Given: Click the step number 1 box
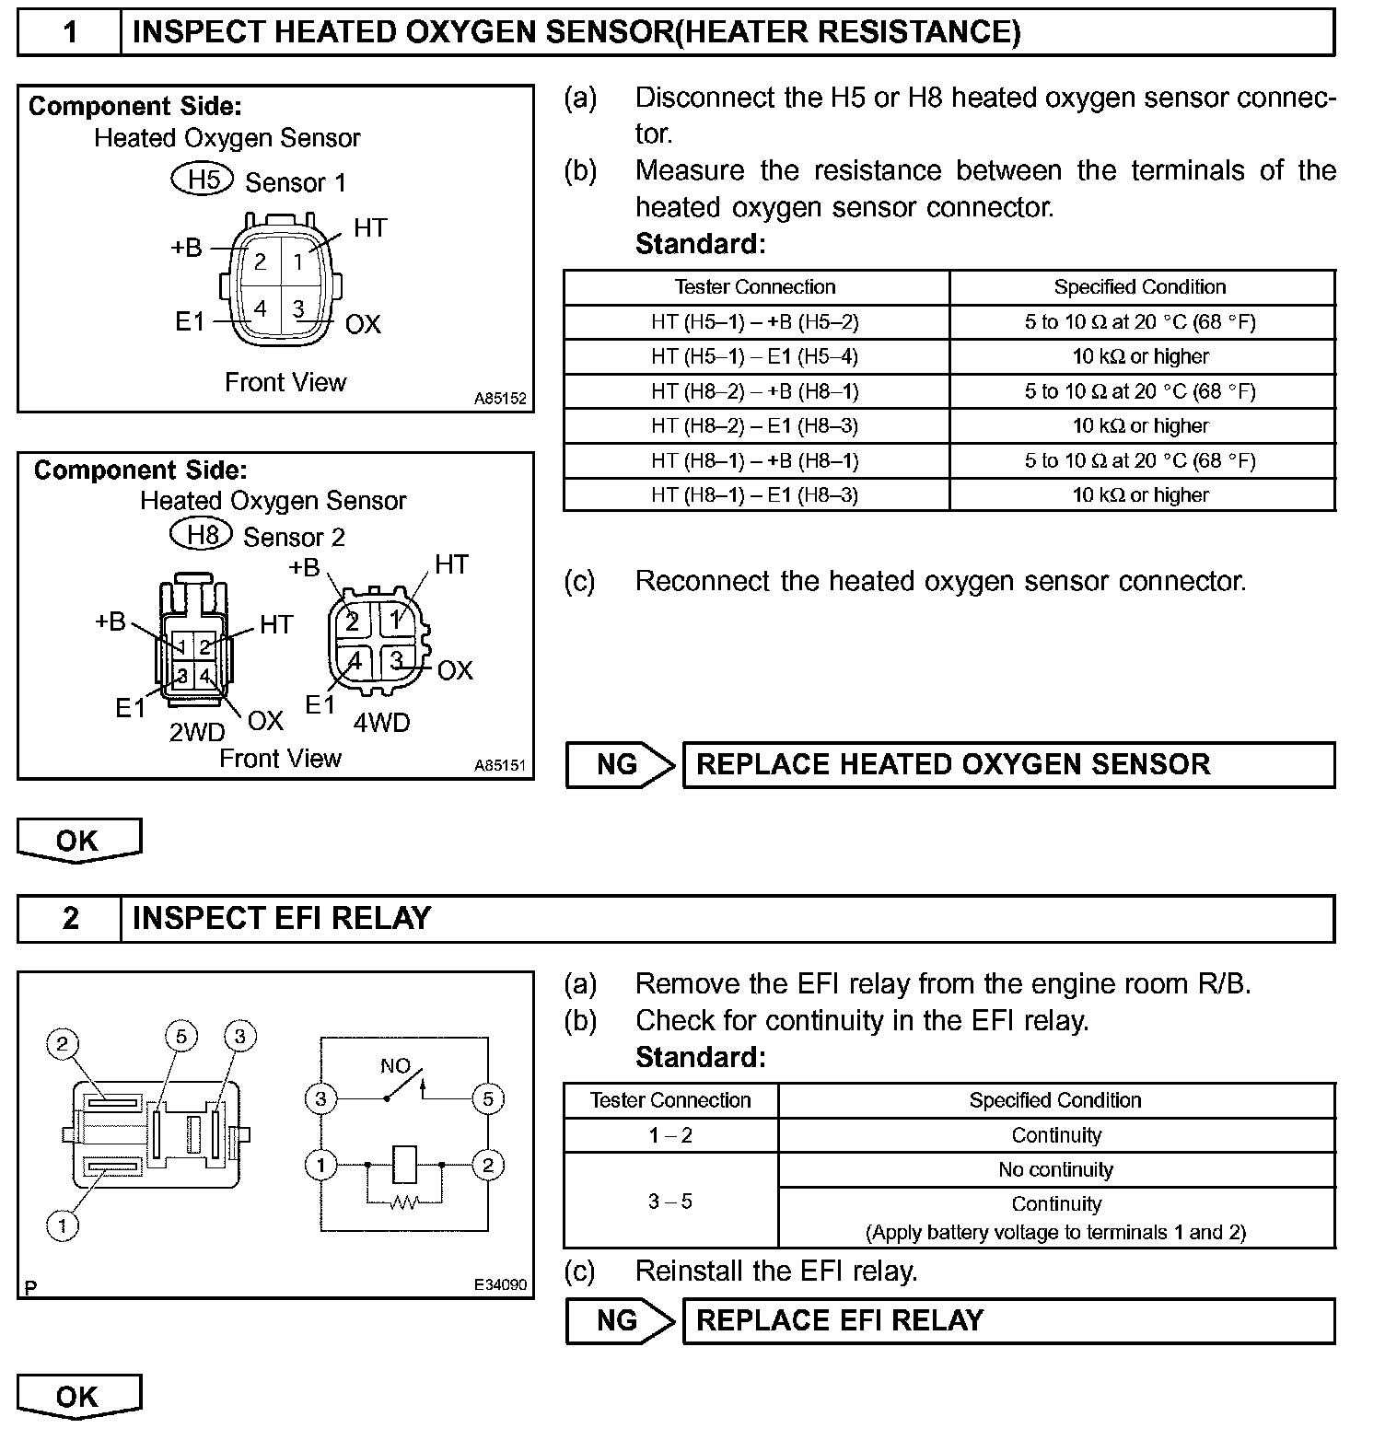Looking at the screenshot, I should click(x=70, y=33).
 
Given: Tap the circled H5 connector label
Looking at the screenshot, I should click(x=204, y=179).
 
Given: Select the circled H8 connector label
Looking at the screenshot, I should click(x=201, y=534).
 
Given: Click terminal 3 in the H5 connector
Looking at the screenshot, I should click(x=298, y=309).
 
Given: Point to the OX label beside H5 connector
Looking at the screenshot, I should click(x=363, y=324).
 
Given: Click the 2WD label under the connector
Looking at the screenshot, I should click(x=197, y=732).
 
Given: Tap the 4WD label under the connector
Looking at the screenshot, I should click(x=381, y=723).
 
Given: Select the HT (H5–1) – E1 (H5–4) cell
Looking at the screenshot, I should click(x=755, y=356).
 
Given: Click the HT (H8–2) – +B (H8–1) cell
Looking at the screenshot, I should click(x=755, y=391).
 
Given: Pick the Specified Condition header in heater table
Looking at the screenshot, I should click(x=1140, y=287).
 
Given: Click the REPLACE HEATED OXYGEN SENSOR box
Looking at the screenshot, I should click(x=1008, y=764).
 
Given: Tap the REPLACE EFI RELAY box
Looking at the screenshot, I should click(x=1008, y=1320).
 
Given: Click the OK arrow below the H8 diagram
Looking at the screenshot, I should click(x=78, y=841).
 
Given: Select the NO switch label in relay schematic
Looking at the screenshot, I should click(x=395, y=1066).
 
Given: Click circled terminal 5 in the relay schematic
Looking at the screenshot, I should click(x=487, y=1098).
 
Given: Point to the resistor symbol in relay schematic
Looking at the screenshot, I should click(x=404, y=1202).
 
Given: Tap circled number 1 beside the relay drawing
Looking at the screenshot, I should click(x=63, y=1225).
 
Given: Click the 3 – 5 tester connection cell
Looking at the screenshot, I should click(x=670, y=1202).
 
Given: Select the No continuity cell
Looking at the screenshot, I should click(x=1056, y=1170).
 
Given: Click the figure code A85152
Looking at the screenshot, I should click(x=500, y=399).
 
